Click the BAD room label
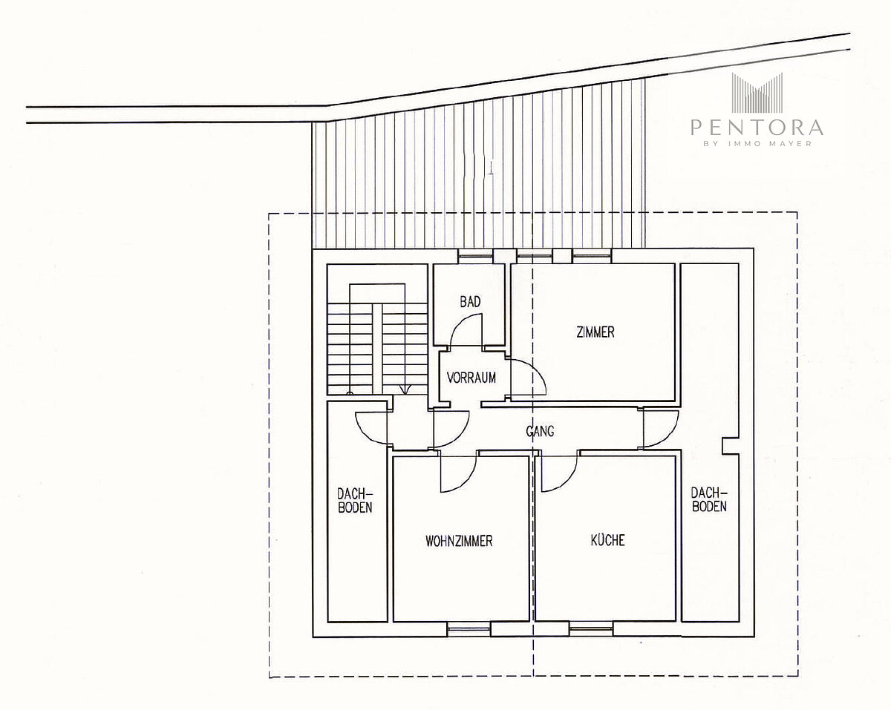coord(470,302)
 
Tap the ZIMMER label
coord(595,332)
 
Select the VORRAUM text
coord(471,378)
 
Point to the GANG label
coord(540,431)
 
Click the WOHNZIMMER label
coord(459,541)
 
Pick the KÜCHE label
coord(607,540)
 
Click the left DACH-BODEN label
coord(355,501)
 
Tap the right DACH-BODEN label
coord(709,499)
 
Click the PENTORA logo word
coord(757,128)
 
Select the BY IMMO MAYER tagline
coord(757,144)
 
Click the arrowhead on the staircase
coord(405,389)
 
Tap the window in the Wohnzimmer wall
coord(469,629)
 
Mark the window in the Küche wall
coord(591,629)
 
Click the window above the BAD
coord(476,256)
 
